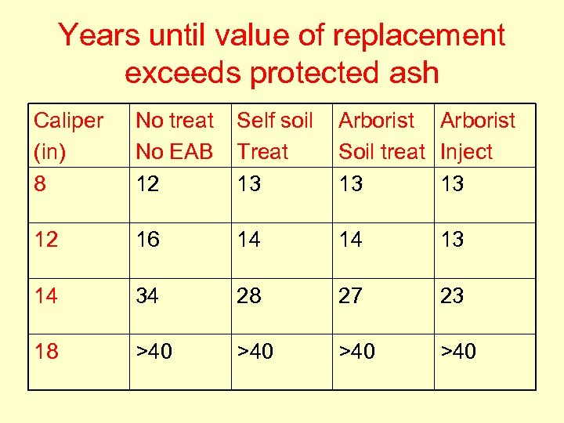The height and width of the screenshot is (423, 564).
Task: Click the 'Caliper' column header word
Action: [68, 121]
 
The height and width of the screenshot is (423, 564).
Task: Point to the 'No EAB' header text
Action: [174, 151]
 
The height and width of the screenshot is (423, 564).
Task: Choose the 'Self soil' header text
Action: [275, 121]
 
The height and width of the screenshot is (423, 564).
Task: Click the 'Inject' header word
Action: [467, 151]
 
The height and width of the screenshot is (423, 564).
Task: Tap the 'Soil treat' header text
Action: [381, 151]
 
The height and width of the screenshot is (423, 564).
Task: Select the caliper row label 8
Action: [40, 183]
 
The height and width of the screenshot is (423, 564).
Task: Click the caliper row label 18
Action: [46, 352]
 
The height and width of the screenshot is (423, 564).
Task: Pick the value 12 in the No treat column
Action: [148, 183]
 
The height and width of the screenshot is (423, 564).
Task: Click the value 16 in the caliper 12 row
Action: [148, 240]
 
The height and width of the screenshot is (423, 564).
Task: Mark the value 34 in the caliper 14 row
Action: [148, 296]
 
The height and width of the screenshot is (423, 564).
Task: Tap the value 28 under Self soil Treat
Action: [249, 296]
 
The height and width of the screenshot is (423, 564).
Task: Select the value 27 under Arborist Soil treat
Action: [351, 296]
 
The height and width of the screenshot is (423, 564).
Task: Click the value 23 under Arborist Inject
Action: [452, 296]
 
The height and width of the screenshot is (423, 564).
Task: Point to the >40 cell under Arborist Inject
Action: [458, 352]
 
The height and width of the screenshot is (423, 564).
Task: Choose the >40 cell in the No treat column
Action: [154, 352]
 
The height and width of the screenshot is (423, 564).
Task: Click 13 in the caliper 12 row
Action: [452, 240]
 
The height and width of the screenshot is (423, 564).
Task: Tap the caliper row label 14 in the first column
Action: [46, 296]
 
